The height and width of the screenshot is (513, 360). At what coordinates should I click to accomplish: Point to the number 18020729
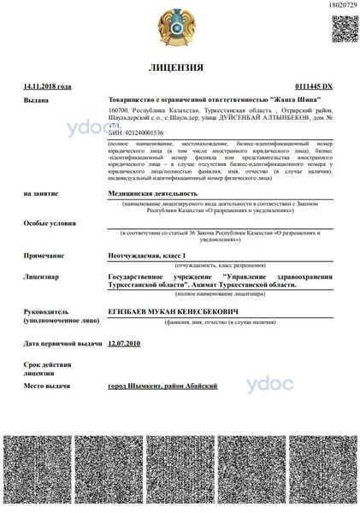click(341, 6)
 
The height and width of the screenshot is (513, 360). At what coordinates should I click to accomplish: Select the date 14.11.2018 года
click(48, 86)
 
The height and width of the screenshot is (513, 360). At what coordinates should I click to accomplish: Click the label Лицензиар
click(41, 278)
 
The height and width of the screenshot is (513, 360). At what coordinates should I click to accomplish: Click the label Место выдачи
click(46, 386)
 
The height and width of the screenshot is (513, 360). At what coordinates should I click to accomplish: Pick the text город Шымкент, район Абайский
click(162, 386)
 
